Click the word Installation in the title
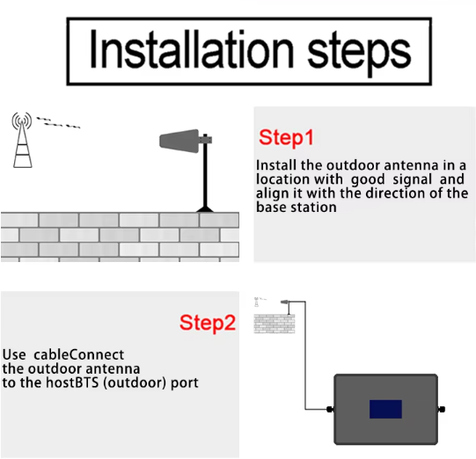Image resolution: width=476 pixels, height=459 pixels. coord(191,49)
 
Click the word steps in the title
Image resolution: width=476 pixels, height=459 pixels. coord(359,54)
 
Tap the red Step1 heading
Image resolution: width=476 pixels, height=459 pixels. coord(286,138)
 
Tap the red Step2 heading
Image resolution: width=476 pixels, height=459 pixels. coord(208,323)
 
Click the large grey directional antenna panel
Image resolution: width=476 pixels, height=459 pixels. coord(179,141)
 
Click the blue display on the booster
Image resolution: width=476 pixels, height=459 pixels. coord(385,409)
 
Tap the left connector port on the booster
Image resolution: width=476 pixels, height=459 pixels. coord(330,409)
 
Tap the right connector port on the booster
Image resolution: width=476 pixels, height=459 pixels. coord(442,409)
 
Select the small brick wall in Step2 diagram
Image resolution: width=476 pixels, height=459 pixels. coord(275,324)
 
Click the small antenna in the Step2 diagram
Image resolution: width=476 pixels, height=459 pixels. coord(285,302)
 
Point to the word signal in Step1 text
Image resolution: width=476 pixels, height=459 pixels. coord(413,179)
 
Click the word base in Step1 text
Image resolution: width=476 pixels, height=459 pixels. coord(271,208)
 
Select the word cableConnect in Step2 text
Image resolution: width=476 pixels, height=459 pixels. coord(78,354)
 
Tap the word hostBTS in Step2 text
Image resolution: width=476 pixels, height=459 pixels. coord(72,382)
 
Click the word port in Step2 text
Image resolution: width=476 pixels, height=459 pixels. coord(185,383)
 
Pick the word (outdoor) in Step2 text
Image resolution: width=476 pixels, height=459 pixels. coord(135,382)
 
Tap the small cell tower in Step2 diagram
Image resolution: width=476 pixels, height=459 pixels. coord(257,302)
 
